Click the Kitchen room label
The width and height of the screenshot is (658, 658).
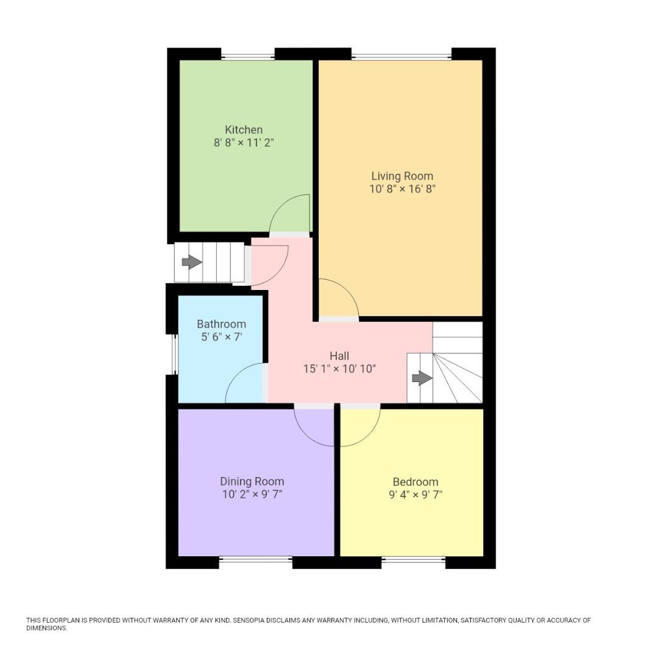tap(244, 130)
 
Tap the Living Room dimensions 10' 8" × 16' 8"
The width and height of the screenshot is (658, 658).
tap(402, 189)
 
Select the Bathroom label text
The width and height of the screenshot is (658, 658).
tap(221, 324)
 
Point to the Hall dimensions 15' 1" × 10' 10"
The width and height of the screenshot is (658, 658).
tap(339, 369)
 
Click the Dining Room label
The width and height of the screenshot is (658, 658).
tap(252, 481)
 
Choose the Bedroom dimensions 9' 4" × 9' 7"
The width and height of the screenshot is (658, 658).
tap(416, 495)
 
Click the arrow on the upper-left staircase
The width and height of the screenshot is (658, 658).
tap(192, 262)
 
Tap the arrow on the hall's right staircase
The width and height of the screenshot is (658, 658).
tap(422, 378)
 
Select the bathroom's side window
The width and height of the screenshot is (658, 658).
tap(173, 354)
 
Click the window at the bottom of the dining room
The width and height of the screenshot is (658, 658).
tap(255, 559)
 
